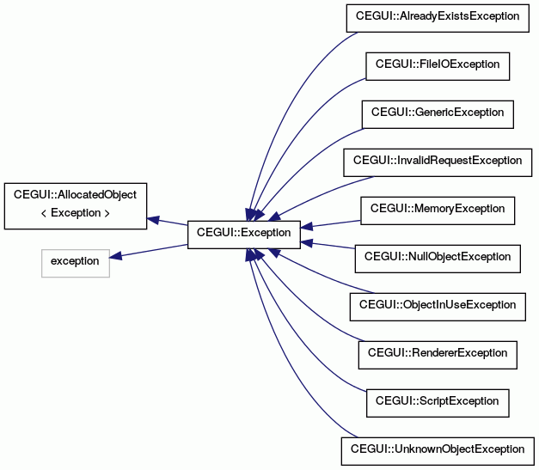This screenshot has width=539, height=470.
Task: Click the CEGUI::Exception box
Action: point(244,235)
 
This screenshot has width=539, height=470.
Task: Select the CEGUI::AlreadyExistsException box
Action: point(438,18)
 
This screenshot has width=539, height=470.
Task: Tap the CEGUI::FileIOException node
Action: point(438,66)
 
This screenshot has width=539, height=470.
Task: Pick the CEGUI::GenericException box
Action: point(438,114)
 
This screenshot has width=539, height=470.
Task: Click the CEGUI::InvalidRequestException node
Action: point(438,162)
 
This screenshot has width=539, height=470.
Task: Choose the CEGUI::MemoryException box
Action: point(438,211)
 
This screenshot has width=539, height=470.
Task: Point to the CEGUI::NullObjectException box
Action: point(438,259)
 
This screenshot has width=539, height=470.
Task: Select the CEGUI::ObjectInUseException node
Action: point(438,307)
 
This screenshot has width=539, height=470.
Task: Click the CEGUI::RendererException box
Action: point(438,355)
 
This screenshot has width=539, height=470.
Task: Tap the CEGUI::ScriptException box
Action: point(438,403)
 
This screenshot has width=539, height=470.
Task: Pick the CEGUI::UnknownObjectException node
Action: point(438,451)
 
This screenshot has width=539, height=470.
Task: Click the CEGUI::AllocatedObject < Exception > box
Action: point(76,206)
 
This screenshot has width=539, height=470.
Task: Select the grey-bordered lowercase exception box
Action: point(76,263)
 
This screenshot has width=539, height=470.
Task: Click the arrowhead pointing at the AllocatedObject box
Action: point(153,220)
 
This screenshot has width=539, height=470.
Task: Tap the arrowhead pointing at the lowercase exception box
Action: point(116,255)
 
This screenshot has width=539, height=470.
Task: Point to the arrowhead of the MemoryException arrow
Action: point(307,227)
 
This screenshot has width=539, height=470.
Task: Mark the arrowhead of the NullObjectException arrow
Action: point(307,243)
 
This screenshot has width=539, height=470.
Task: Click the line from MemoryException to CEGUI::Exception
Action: point(330,223)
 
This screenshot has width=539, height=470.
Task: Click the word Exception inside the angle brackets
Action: point(76,213)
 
